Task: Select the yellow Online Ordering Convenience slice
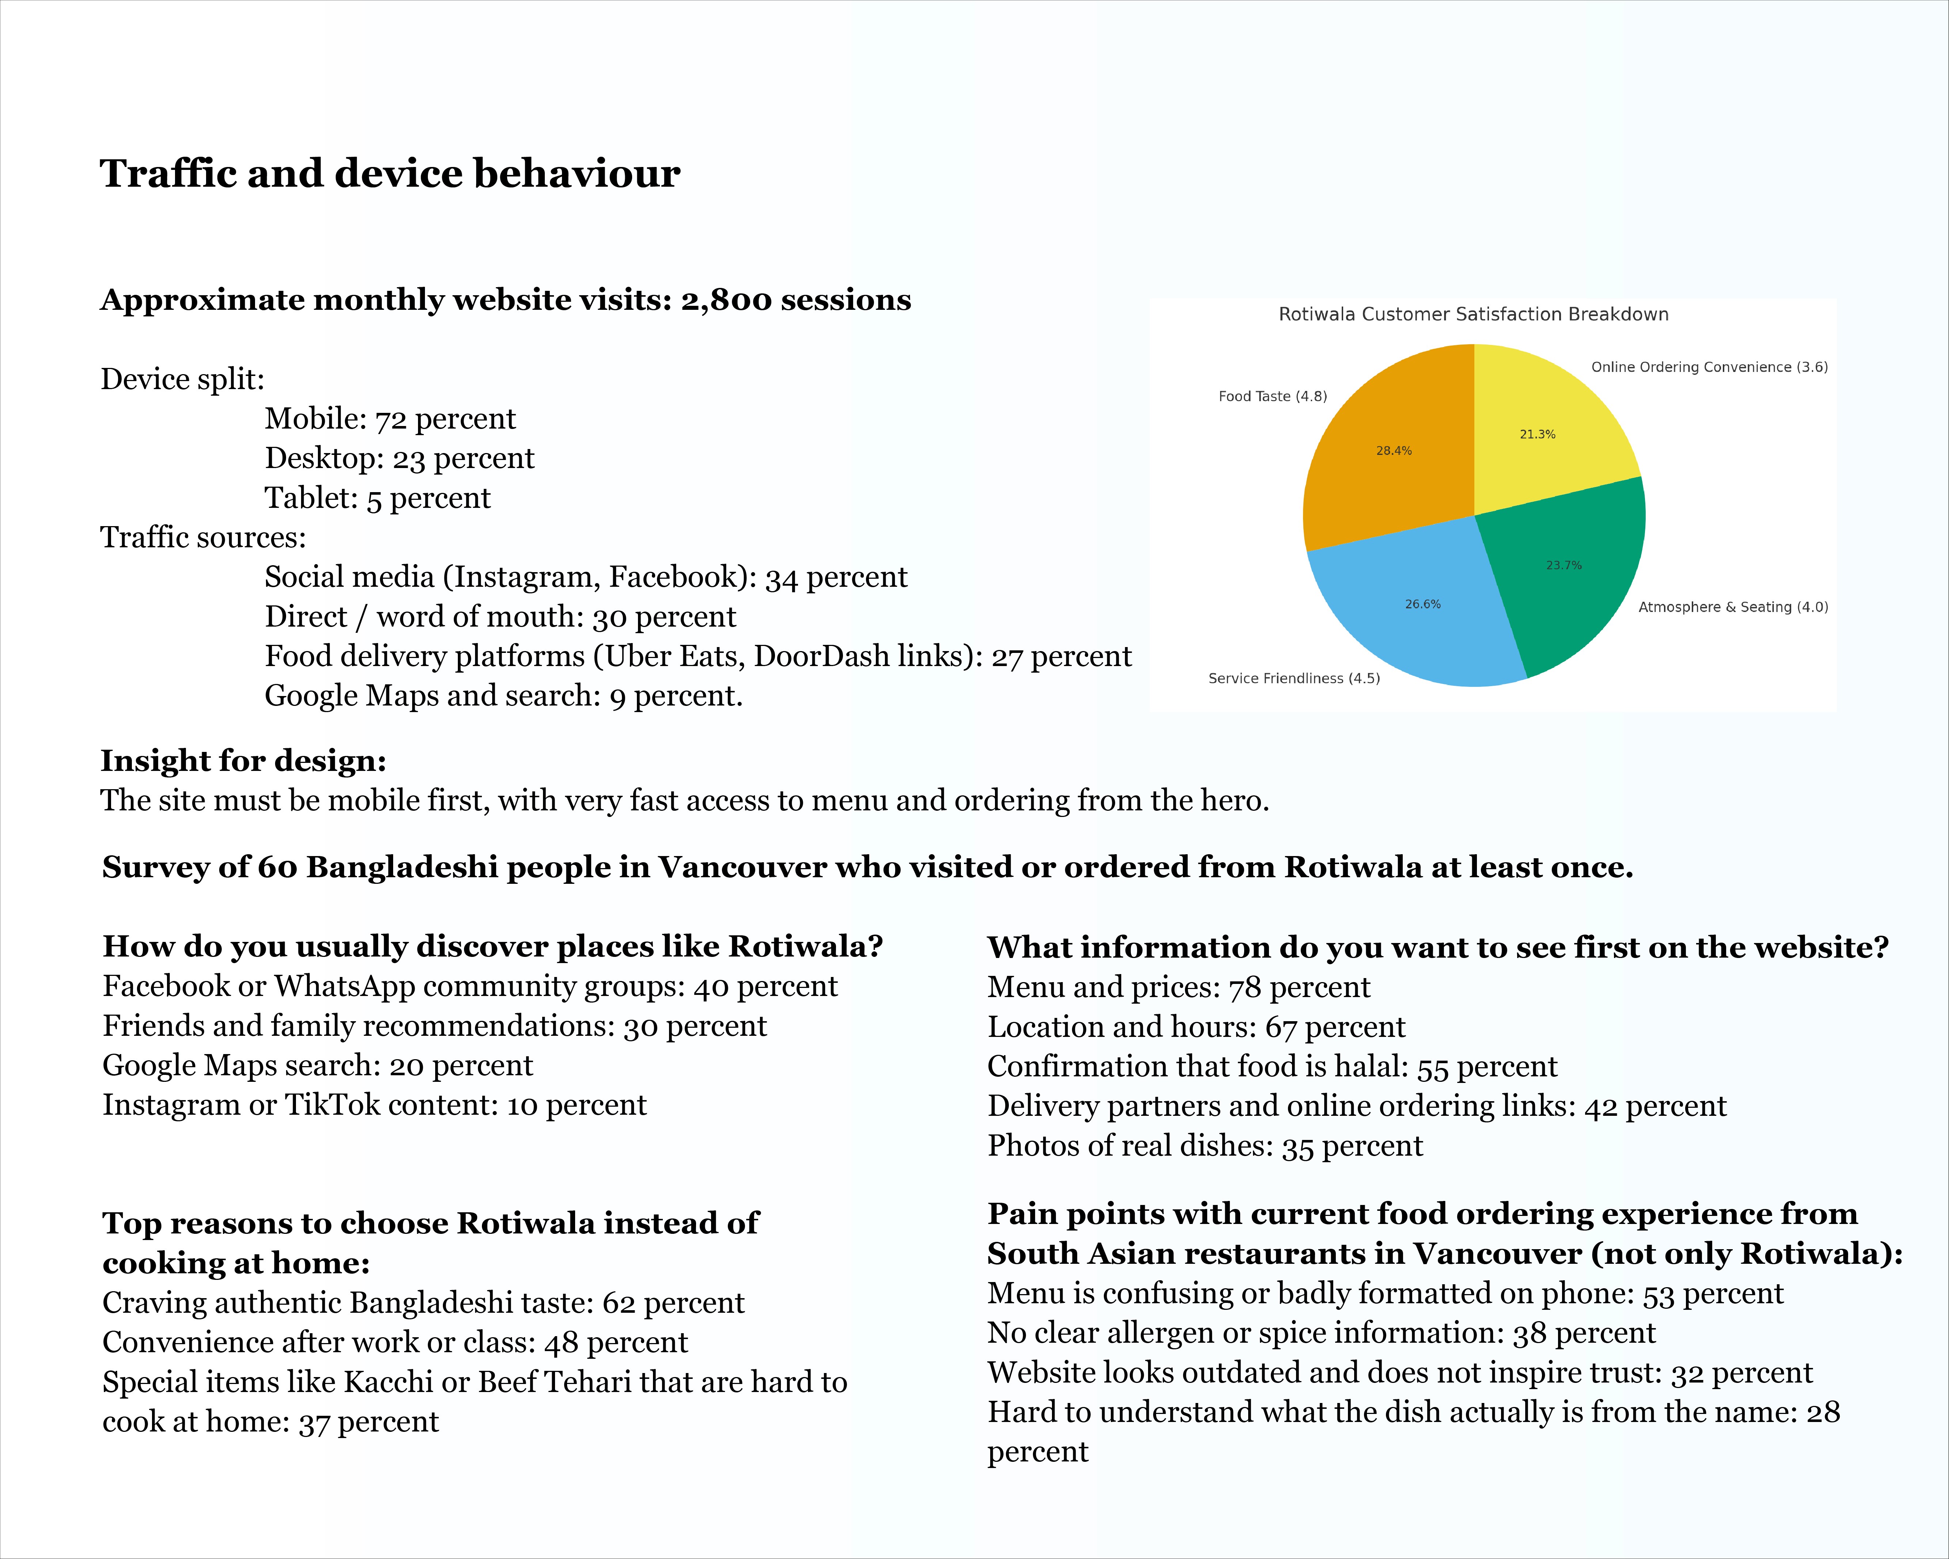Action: pos(1546,425)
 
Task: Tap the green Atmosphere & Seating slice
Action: pos(1568,578)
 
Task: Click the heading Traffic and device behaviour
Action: pos(390,174)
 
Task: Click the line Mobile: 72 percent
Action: pos(390,419)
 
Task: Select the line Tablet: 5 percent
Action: pos(377,498)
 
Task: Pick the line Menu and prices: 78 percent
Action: pos(1178,987)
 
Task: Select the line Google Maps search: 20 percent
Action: pos(317,1065)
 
